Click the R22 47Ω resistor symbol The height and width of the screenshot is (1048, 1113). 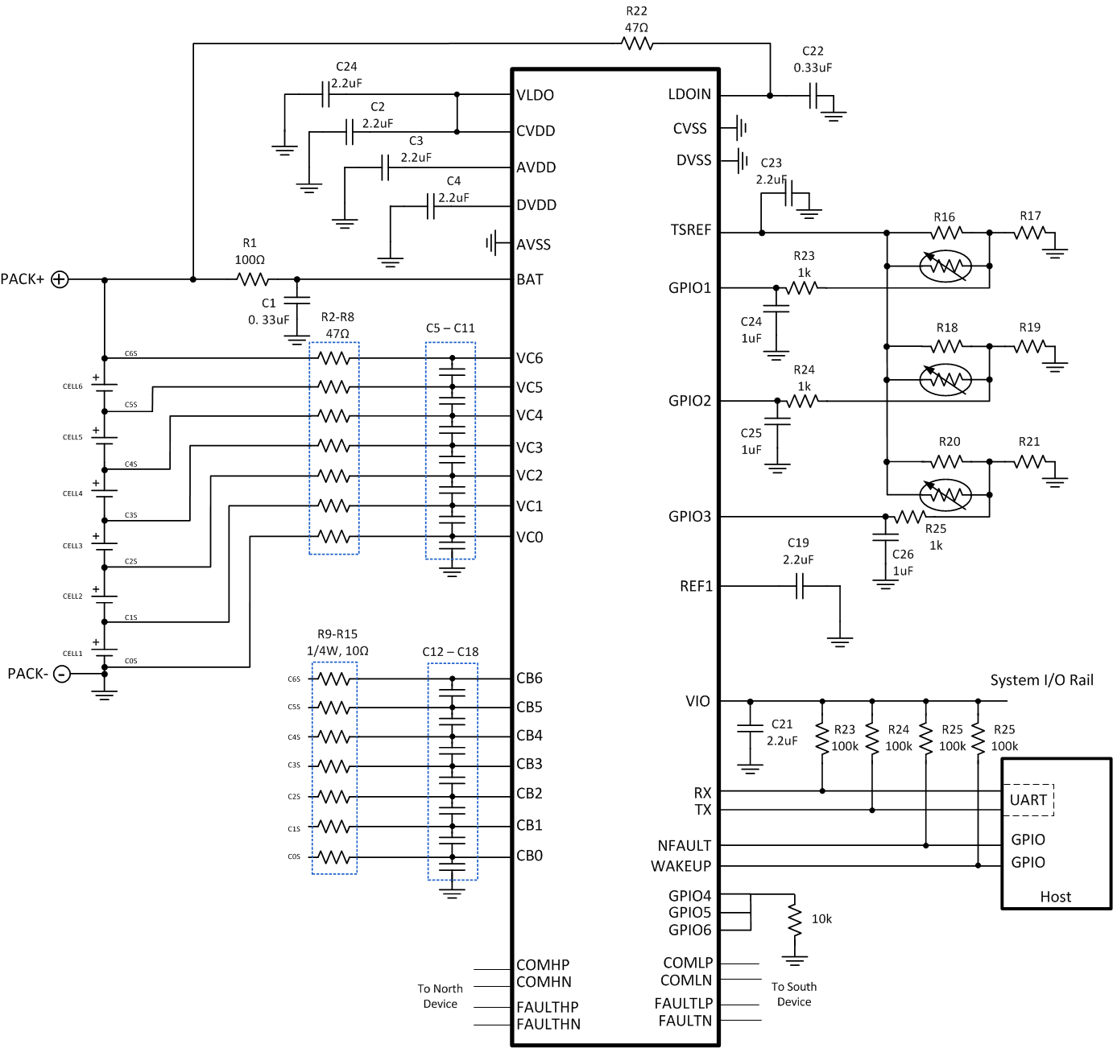tap(637, 44)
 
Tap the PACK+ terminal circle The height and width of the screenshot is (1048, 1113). tap(60, 279)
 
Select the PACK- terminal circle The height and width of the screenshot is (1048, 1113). tap(62, 674)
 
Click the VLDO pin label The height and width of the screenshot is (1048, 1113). tap(535, 95)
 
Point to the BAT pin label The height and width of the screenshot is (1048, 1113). tap(530, 279)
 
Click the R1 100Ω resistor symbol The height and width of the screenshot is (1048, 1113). tap(252, 279)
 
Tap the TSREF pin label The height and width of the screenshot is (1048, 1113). tap(691, 230)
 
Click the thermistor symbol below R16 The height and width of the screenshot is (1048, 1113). tap(945, 266)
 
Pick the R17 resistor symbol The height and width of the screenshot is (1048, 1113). tap(1030, 233)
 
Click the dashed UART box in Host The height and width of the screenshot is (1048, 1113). tap(1028, 800)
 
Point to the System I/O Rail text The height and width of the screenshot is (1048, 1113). tap(1041, 680)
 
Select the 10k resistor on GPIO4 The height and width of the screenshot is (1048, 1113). tap(795, 919)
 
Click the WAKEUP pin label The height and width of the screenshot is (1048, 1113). tap(681, 866)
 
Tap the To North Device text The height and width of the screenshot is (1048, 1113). tap(440, 996)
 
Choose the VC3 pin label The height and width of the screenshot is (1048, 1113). tap(529, 448)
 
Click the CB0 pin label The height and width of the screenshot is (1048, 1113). tap(529, 856)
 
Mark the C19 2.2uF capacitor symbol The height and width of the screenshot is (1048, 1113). tap(800, 588)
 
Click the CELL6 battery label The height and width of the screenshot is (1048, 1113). tap(72, 386)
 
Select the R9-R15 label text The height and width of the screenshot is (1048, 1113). tap(337, 634)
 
